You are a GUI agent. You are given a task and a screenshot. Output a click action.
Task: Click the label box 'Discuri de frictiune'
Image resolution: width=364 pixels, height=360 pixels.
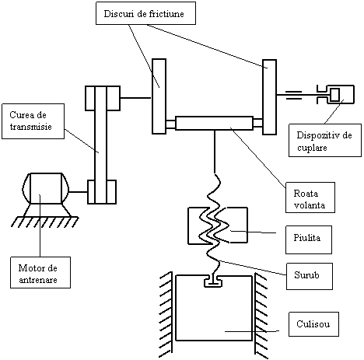click(x=145, y=13)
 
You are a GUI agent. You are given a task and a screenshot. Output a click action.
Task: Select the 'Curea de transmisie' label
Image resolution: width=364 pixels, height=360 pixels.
click(x=33, y=121)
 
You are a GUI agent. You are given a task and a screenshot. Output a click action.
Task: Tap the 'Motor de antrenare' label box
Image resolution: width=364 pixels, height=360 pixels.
click(x=40, y=272)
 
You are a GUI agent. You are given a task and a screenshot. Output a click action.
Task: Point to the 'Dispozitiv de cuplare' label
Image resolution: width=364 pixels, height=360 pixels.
click(x=325, y=140)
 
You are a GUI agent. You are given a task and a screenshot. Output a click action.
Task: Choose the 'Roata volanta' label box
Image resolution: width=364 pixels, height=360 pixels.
click(x=310, y=197)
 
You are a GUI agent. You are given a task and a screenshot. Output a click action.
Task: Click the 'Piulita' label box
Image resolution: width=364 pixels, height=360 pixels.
click(x=309, y=239)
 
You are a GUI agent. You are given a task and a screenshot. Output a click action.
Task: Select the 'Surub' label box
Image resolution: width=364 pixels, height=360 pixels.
click(x=310, y=276)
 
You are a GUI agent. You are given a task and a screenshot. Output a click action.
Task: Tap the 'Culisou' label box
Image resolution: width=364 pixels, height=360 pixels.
click(x=313, y=324)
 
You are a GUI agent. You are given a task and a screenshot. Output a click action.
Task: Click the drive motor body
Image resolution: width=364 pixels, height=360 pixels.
click(x=46, y=188)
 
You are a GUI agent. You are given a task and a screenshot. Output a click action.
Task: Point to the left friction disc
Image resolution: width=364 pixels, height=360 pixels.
click(x=159, y=96)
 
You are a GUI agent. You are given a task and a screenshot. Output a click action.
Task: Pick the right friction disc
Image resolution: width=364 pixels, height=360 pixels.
click(x=269, y=97)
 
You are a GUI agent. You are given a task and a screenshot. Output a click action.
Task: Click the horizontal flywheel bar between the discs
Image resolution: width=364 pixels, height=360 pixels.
click(x=214, y=123)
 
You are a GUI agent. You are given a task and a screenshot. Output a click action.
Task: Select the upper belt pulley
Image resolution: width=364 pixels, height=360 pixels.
click(x=103, y=99)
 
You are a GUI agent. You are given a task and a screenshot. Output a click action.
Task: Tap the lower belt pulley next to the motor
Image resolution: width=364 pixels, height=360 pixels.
click(x=102, y=192)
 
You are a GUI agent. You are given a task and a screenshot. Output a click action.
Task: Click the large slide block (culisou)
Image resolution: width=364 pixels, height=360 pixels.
click(x=214, y=308)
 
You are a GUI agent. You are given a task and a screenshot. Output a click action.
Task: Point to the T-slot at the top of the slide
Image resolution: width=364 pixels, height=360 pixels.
click(x=213, y=281)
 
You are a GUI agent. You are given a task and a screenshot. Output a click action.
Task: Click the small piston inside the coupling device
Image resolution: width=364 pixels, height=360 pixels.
click(x=335, y=95)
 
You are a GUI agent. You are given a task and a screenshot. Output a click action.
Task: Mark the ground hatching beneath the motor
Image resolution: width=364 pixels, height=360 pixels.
click(x=44, y=222)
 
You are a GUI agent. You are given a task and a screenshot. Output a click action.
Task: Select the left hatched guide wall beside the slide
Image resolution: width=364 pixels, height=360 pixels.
click(x=166, y=315)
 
